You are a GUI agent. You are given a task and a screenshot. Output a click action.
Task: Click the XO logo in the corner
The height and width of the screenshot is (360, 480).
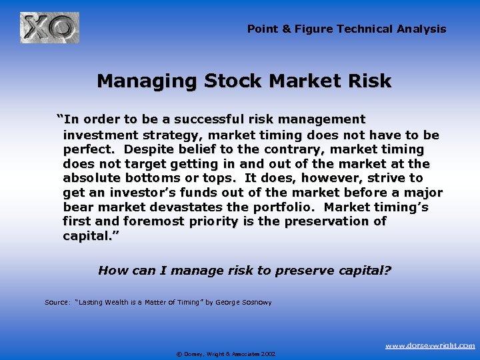[x=49, y=28]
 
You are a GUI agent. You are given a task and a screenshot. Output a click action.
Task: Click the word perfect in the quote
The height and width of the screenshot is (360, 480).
[x=90, y=149]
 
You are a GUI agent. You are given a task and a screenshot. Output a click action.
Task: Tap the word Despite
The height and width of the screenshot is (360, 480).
[x=152, y=149]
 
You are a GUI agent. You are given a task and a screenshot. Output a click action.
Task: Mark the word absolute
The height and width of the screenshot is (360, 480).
[x=91, y=178]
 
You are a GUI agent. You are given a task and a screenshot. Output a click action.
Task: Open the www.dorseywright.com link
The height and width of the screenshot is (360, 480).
[x=431, y=345]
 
